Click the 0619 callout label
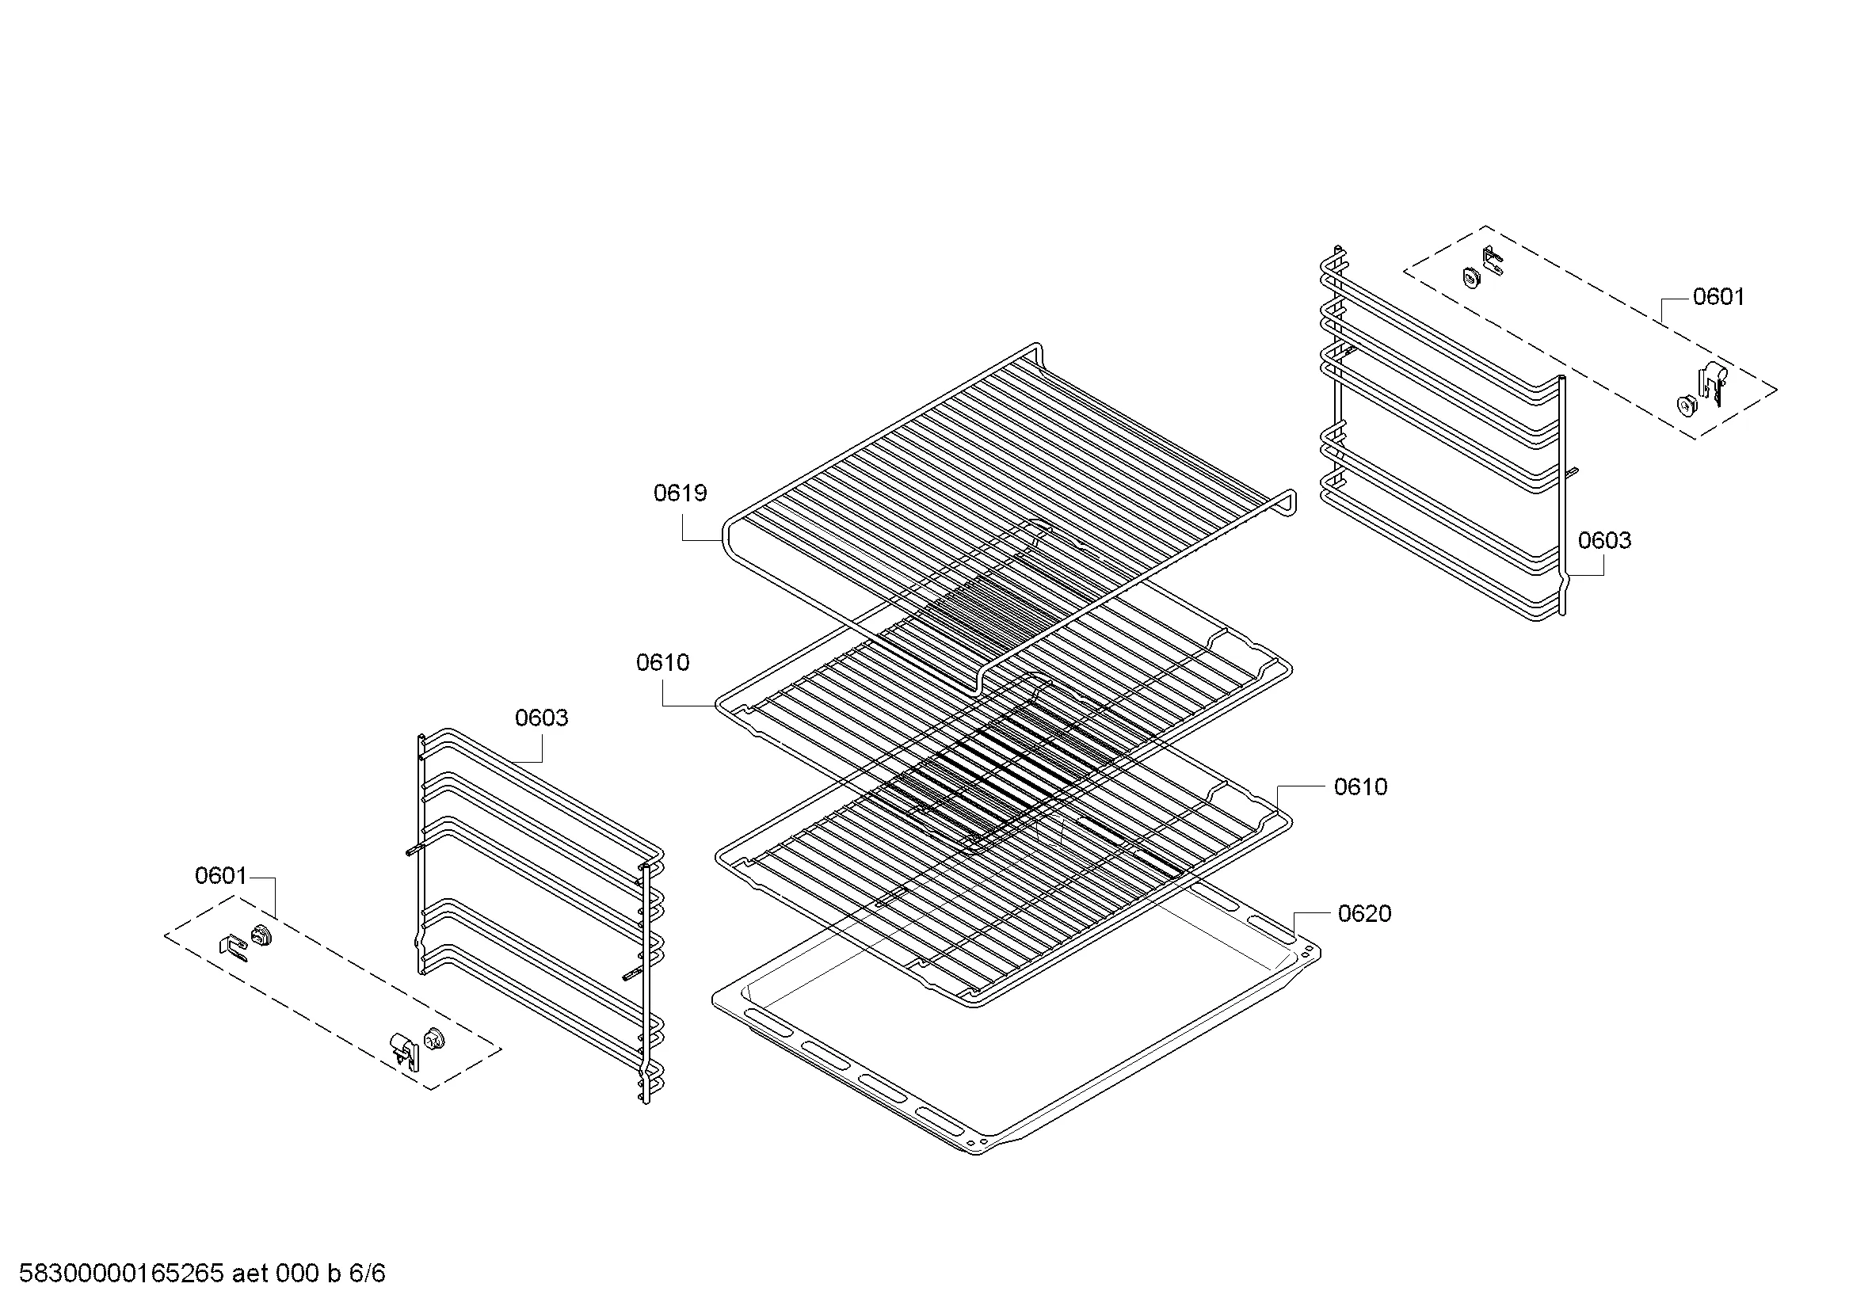tap(680, 493)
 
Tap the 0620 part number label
tap(1364, 914)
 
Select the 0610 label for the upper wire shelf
tap(662, 663)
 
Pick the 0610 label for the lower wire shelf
tap(1361, 787)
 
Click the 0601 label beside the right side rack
tap(1718, 297)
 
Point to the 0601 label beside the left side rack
tap(220, 876)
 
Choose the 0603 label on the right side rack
tap(1604, 540)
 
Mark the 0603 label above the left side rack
tap(542, 718)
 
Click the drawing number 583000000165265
tap(121, 1274)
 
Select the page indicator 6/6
tap(368, 1274)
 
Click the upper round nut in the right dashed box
tap(1472, 278)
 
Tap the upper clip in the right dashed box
tap(1493, 260)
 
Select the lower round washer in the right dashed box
tap(1684, 405)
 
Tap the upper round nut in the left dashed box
tap(261, 935)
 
